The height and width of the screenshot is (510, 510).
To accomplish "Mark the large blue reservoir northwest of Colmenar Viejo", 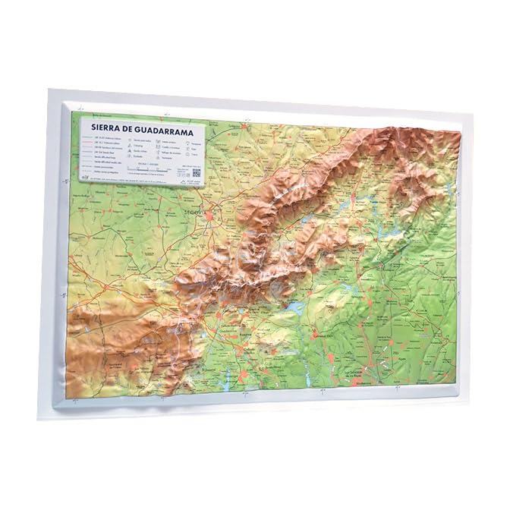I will pyautogui.click(x=291, y=307).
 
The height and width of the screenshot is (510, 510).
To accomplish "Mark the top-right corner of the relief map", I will pyautogui.click(x=461, y=131).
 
